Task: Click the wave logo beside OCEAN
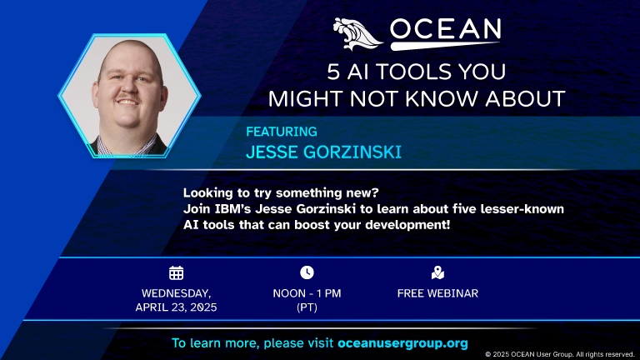pos(357,34)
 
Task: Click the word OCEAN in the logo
pos(445,30)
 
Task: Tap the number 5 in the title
pos(333,72)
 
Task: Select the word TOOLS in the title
pos(413,72)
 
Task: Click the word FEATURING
pos(282,132)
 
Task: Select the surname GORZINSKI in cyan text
pos(352,152)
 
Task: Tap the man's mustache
pos(128,97)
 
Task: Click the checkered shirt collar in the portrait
pos(127,147)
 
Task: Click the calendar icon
pos(177,272)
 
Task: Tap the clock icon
pos(307,272)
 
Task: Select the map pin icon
pos(437,272)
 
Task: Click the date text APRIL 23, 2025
pos(177,307)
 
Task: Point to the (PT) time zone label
pos(307,307)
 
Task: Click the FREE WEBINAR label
pos(437,293)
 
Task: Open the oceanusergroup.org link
pos(402,343)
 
